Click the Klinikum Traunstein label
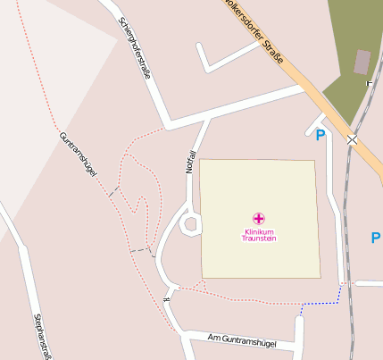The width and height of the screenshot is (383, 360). [x=259, y=235]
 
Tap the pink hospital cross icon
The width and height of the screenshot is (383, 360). [x=259, y=219]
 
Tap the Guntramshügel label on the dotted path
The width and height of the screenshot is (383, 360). [x=78, y=154]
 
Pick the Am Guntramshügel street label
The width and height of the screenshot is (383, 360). [x=241, y=342]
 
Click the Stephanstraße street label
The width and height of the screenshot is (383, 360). [x=40, y=336]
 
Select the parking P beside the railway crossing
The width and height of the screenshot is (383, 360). [x=321, y=135]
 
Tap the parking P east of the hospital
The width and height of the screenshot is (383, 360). [x=376, y=238]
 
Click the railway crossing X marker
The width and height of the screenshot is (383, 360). [x=353, y=140]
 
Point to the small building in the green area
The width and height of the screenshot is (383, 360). [x=362, y=62]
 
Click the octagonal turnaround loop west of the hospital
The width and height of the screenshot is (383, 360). [x=190, y=223]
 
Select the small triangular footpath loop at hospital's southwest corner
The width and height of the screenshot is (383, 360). [x=174, y=289]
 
